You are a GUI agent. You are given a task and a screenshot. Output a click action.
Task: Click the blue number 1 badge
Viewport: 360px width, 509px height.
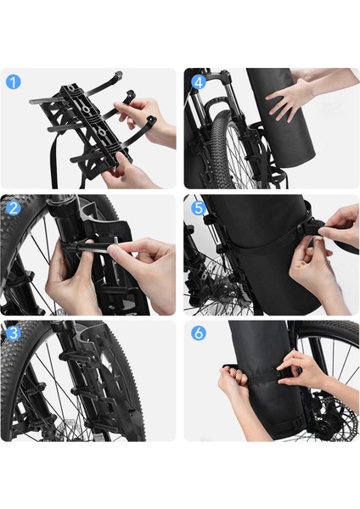[14, 82]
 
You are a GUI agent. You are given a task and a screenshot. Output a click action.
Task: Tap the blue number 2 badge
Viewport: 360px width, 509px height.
[14, 208]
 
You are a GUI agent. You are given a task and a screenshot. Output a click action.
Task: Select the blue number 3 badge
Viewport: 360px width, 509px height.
[14, 333]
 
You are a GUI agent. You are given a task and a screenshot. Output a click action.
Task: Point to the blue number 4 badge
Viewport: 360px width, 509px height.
[198, 82]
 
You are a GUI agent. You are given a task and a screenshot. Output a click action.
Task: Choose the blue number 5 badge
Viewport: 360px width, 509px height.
[198, 208]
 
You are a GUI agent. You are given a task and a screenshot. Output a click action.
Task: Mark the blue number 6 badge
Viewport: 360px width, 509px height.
[198, 333]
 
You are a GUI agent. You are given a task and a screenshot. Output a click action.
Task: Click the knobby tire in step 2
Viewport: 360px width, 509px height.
[21, 246]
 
